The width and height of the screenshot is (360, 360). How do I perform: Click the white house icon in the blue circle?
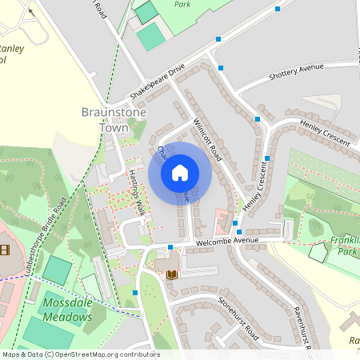[x=180, y=172]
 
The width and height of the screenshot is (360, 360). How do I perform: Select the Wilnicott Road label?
[x=206, y=137]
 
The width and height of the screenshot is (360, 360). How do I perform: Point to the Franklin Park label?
[x=345, y=245]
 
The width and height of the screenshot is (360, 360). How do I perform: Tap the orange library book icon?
[x=172, y=274]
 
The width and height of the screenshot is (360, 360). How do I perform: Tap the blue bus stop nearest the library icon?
[x=170, y=247]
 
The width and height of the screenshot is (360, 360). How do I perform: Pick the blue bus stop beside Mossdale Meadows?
[x=135, y=293]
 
